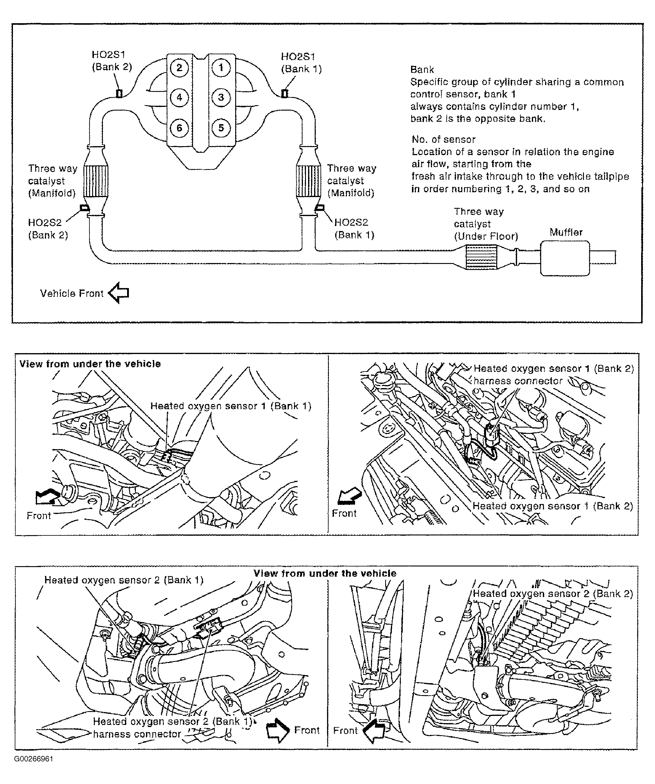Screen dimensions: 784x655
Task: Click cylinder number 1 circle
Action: [221, 67]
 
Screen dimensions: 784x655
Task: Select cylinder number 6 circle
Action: [179, 128]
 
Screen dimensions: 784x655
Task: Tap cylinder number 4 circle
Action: [179, 97]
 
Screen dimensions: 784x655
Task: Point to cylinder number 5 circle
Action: [221, 128]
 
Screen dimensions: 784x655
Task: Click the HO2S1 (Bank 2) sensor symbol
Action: [119, 93]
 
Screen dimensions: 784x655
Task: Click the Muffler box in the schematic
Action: [565, 258]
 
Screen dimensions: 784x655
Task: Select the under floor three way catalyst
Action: [482, 258]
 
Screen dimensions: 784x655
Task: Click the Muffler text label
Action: [566, 232]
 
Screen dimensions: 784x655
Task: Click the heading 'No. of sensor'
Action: [443, 140]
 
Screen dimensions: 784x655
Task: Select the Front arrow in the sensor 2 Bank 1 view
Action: [278, 730]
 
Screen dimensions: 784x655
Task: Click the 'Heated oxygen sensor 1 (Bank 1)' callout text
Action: [231, 406]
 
